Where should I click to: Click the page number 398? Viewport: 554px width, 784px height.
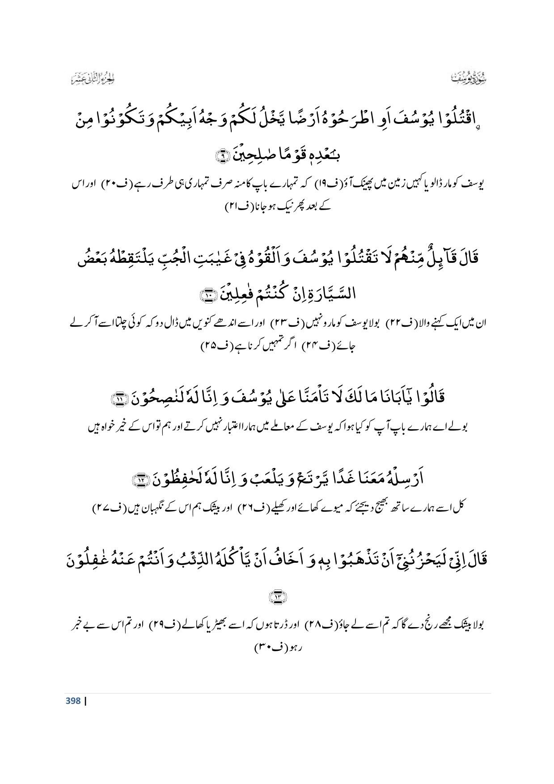(x=73, y=701)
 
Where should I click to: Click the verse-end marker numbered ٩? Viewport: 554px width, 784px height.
(x=222, y=156)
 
